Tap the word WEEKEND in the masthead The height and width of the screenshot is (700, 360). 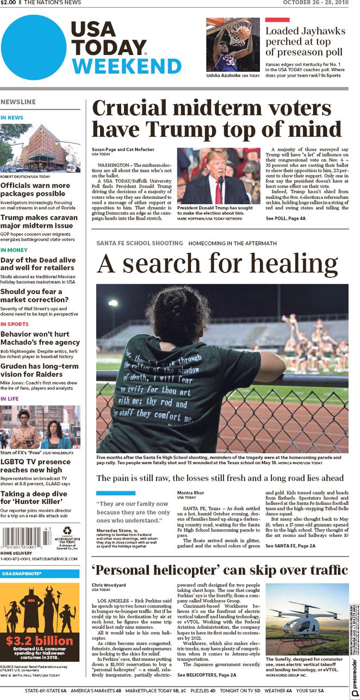(x=126, y=66)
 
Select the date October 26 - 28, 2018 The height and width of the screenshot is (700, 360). (x=315, y=3)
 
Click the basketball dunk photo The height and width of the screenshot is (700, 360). (x=233, y=45)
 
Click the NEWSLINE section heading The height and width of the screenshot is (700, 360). (x=18, y=102)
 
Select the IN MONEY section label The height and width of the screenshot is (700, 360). (x=14, y=250)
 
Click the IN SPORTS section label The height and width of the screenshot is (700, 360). (x=15, y=324)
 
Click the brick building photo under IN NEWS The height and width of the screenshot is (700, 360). (x=40, y=148)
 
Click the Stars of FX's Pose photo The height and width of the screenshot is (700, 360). (x=40, y=427)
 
